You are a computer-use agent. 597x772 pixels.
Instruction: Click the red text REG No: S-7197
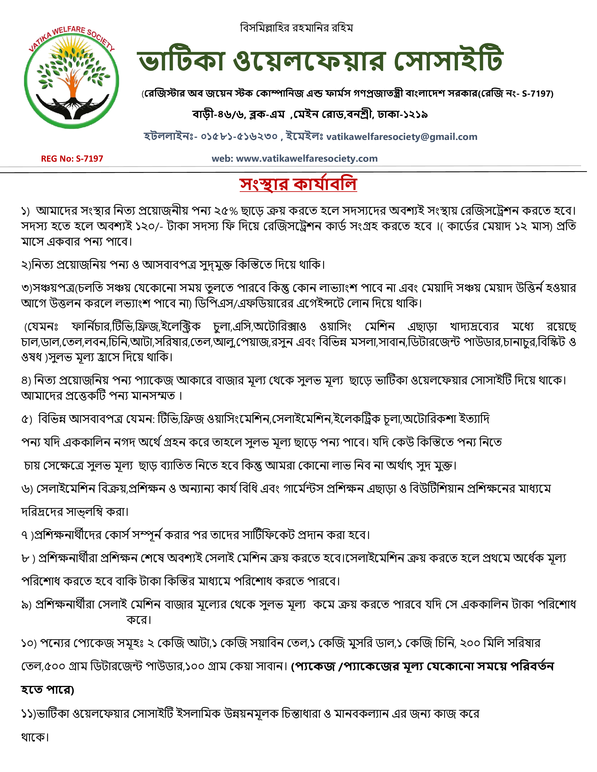click(x=72, y=159)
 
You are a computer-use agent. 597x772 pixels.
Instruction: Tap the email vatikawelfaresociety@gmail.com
click(x=402, y=137)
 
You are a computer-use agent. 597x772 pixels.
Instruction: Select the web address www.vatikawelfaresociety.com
click(x=307, y=159)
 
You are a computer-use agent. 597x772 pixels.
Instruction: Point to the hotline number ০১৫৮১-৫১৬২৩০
click(x=239, y=136)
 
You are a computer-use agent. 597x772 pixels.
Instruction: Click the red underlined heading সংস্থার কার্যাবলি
click(x=298, y=184)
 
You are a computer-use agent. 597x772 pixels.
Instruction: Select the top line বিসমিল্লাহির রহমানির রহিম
click(x=296, y=28)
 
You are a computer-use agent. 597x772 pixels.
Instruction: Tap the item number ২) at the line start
click(x=26, y=265)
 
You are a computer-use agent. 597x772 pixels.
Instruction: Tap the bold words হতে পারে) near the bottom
click(x=47, y=690)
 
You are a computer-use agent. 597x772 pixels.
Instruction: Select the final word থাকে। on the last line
click(x=35, y=737)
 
